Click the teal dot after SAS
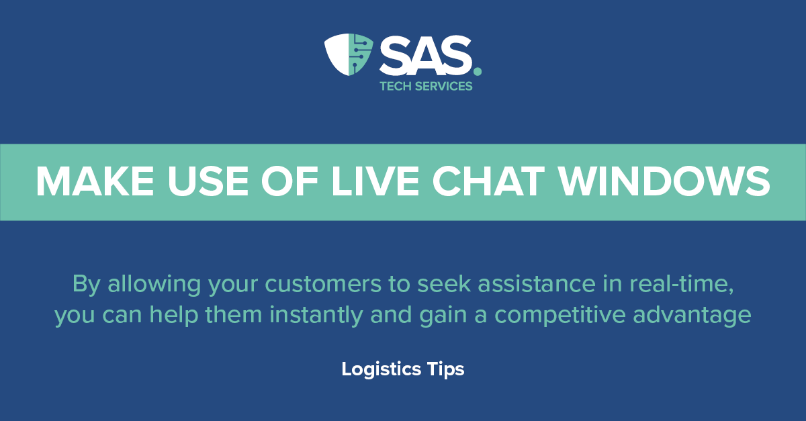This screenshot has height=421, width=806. coord(478,71)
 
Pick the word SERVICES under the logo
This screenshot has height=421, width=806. coord(444,86)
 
